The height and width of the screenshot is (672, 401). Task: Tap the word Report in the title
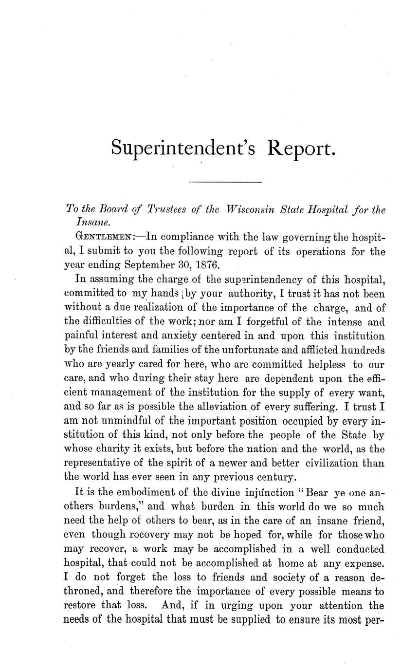tap(301, 148)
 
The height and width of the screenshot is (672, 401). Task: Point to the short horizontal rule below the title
tap(225, 183)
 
